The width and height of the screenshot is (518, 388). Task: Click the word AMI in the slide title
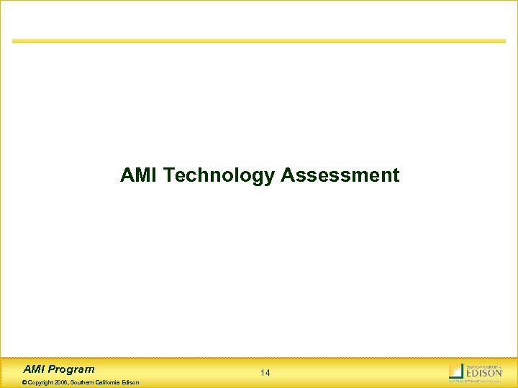140,175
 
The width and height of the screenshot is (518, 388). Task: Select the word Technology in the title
219,175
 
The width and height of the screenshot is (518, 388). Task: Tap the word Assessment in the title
340,175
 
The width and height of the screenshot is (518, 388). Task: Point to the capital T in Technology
169,175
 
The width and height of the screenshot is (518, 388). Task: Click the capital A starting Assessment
287,175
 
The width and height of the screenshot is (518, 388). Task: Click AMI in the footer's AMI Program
35,369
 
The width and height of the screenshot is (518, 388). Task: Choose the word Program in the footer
71,369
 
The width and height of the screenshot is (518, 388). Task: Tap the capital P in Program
53,369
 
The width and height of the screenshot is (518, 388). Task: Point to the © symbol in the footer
25,382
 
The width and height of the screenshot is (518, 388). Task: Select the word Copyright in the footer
40,382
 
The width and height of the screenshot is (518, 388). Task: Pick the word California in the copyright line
110,382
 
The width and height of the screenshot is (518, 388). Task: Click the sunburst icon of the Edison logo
455,371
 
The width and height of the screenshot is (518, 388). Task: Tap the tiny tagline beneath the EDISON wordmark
483,380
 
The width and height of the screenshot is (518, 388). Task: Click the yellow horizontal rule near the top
259,41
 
